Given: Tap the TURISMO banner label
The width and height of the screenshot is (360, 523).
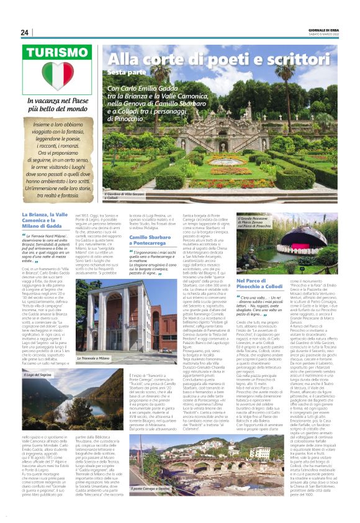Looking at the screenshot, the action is tap(56, 54).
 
